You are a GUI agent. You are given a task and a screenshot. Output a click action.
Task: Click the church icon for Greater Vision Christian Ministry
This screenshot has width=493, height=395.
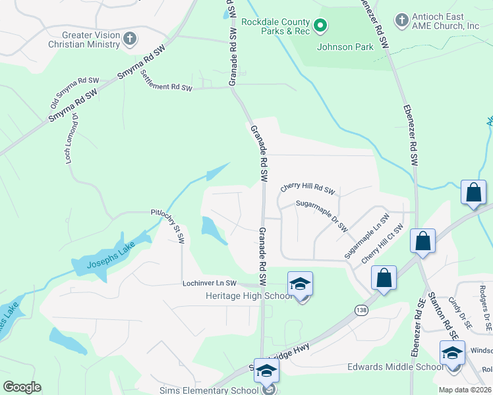pos(129,39)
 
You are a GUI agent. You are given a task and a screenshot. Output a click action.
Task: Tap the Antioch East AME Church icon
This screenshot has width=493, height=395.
pos(402,20)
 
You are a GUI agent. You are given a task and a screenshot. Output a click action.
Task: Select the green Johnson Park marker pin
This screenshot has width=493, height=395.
pos(320,26)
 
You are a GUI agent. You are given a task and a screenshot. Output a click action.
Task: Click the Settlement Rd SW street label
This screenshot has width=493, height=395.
pos(167,81)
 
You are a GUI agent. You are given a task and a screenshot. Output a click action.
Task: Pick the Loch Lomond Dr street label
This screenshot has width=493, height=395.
pos(72,138)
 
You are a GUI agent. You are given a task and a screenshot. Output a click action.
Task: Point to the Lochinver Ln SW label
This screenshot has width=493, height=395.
pos(209,283)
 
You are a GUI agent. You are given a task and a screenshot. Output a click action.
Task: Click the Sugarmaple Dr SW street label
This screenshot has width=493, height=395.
pos(321,215)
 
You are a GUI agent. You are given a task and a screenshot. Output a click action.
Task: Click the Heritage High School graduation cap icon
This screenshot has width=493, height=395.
pos(300,284)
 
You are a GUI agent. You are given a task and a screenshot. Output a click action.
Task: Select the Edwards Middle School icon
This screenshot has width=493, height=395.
pos(452,353)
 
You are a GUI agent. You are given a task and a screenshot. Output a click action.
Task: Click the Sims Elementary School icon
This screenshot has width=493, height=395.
pos(266,371)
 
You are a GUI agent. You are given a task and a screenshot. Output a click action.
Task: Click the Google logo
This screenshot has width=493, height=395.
pos(22,387)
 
